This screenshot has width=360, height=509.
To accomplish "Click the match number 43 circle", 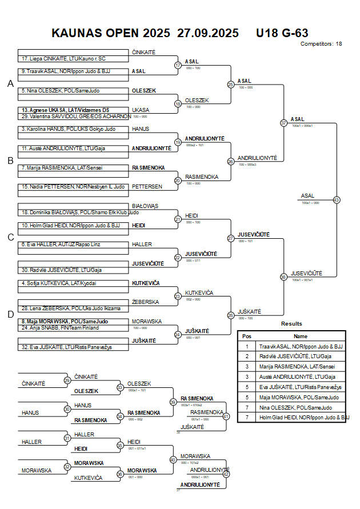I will tap(337, 200).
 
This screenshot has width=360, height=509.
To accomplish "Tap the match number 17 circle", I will tap(178, 65).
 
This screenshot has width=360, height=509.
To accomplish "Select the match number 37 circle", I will tap(283, 123).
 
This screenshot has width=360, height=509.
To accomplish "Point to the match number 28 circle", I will tap(231, 315).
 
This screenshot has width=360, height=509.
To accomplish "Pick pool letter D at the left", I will tap(10, 314).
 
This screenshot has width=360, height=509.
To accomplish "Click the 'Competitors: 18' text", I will tap(321, 43).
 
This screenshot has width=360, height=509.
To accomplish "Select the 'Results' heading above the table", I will tap(291, 324).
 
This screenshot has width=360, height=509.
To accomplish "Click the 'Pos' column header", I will tap(247, 336).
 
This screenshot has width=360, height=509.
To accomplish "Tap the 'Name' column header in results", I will tap(301, 336).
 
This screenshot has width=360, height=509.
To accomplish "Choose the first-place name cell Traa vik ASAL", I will tap(301, 346).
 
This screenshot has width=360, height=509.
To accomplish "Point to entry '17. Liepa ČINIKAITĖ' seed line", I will tap(63, 58).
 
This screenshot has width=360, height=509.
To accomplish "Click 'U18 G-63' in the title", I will tap(283, 33).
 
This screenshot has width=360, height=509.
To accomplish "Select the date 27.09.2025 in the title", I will tap(204, 33).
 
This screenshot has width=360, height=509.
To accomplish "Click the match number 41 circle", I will tap(226, 416).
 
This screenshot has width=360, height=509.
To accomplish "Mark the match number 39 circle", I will tap(173, 402).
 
